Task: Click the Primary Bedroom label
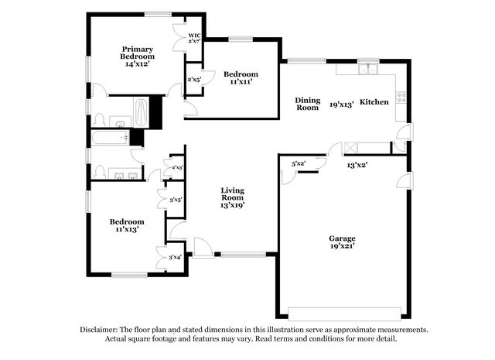point(138,53)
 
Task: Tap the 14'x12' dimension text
point(138,63)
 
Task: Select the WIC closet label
point(194,36)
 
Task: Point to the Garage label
point(342,238)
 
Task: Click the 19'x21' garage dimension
point(343,246)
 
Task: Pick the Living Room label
point(232,194)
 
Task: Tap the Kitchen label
point(374,101)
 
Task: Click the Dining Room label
point(308,104)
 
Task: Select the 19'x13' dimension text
point(342,105)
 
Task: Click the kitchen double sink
point(368,69)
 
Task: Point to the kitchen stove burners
point(401,98)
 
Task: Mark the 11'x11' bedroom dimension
point(241,81)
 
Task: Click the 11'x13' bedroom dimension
point(127,229)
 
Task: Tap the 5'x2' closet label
point(299,163)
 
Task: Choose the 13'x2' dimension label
point(357,165)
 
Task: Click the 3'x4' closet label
point(175,257)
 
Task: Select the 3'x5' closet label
point(176,200)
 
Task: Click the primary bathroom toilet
point(100,120)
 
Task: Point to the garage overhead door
point(345,314)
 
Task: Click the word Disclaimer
point(99,330)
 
